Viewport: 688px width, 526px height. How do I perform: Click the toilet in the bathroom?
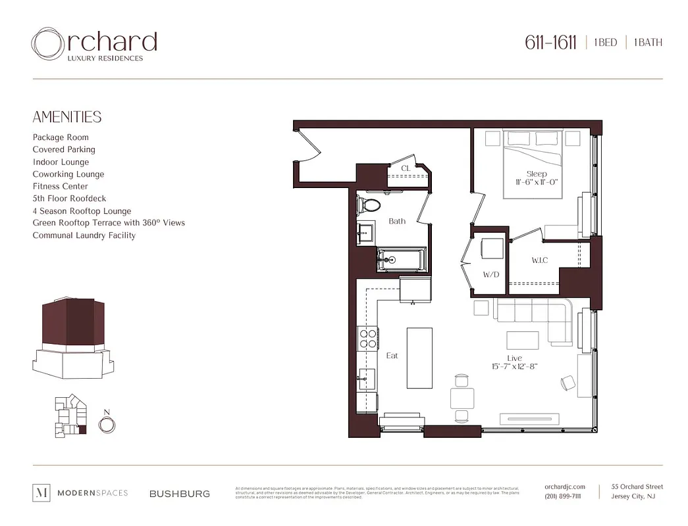[x=369, y=205]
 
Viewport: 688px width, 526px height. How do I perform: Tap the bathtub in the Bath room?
[x=401, y=260]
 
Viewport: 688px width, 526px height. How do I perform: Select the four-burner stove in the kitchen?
[x=367, y=338]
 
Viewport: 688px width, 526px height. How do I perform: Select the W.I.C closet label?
[x=540, y=260]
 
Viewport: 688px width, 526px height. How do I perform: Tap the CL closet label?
[x=406, y=168]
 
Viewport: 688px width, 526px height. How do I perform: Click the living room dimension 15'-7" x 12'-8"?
[x=514, y=366]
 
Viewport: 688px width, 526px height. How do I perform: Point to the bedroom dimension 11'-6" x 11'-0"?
[x=537, y=182]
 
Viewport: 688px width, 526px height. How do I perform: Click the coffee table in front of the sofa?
[x=523, y=340]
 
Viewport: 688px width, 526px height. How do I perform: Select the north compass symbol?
[x=106, y=424]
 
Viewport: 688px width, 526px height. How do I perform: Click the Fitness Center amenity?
[x=60, y=186]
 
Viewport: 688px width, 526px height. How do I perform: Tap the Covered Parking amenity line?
[x=64, y=149]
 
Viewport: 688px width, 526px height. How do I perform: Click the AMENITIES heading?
[x=67, y=117]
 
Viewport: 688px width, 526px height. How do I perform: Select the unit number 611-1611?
[x=550, y=43]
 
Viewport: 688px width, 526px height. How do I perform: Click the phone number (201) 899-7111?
[x=563, y=496]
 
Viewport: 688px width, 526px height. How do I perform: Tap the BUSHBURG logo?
[x=180, y=493]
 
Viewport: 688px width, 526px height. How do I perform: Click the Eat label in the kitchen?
[x=392, y=356]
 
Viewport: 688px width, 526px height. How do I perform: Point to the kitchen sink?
[x=366, y=378]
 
